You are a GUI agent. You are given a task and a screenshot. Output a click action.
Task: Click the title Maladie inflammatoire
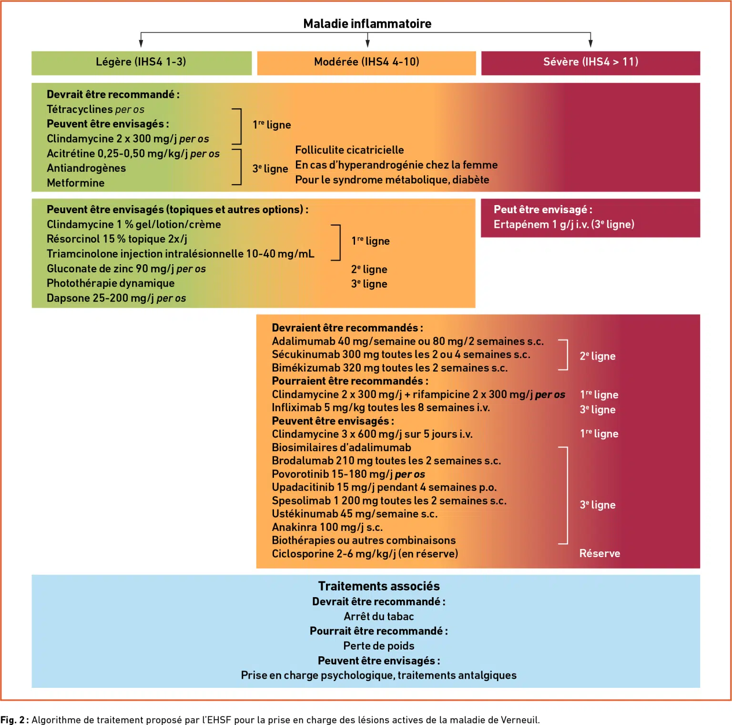coord(367,23)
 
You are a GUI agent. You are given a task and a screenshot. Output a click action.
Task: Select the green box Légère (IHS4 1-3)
coord(142,63)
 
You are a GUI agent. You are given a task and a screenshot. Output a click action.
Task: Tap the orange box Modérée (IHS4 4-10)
coord(366,63)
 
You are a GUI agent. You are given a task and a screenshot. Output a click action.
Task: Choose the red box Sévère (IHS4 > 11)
coord(590,63)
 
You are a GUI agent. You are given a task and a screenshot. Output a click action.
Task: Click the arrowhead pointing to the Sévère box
coord(590,43)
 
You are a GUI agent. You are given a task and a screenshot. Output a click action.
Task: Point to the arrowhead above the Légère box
coord(141,43)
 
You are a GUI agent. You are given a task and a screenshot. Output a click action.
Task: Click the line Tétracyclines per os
coord(95,109)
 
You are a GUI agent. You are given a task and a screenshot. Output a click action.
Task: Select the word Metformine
coord(75,183)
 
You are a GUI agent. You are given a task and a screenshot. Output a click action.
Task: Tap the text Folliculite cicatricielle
coord(349,150)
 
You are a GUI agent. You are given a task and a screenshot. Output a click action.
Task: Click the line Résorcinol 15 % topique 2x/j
coord(117,238)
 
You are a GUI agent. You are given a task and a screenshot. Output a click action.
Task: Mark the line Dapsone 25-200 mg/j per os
coord(116,298)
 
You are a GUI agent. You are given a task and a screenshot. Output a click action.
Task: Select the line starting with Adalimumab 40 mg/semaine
coord(407,341)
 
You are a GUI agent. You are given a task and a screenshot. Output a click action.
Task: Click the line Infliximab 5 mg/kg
coord(381,407)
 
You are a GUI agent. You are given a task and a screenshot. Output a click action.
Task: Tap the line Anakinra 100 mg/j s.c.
coord(327,527)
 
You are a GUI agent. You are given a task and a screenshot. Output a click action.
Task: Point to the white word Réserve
coord(600,553)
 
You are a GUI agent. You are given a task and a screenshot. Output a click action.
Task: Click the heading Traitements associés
coord(379,586)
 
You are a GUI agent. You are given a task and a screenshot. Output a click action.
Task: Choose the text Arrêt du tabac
coord(379,616)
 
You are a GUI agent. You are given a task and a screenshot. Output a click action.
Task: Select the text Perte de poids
coord(379,646)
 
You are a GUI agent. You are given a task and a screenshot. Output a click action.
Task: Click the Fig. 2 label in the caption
coord(14,720)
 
